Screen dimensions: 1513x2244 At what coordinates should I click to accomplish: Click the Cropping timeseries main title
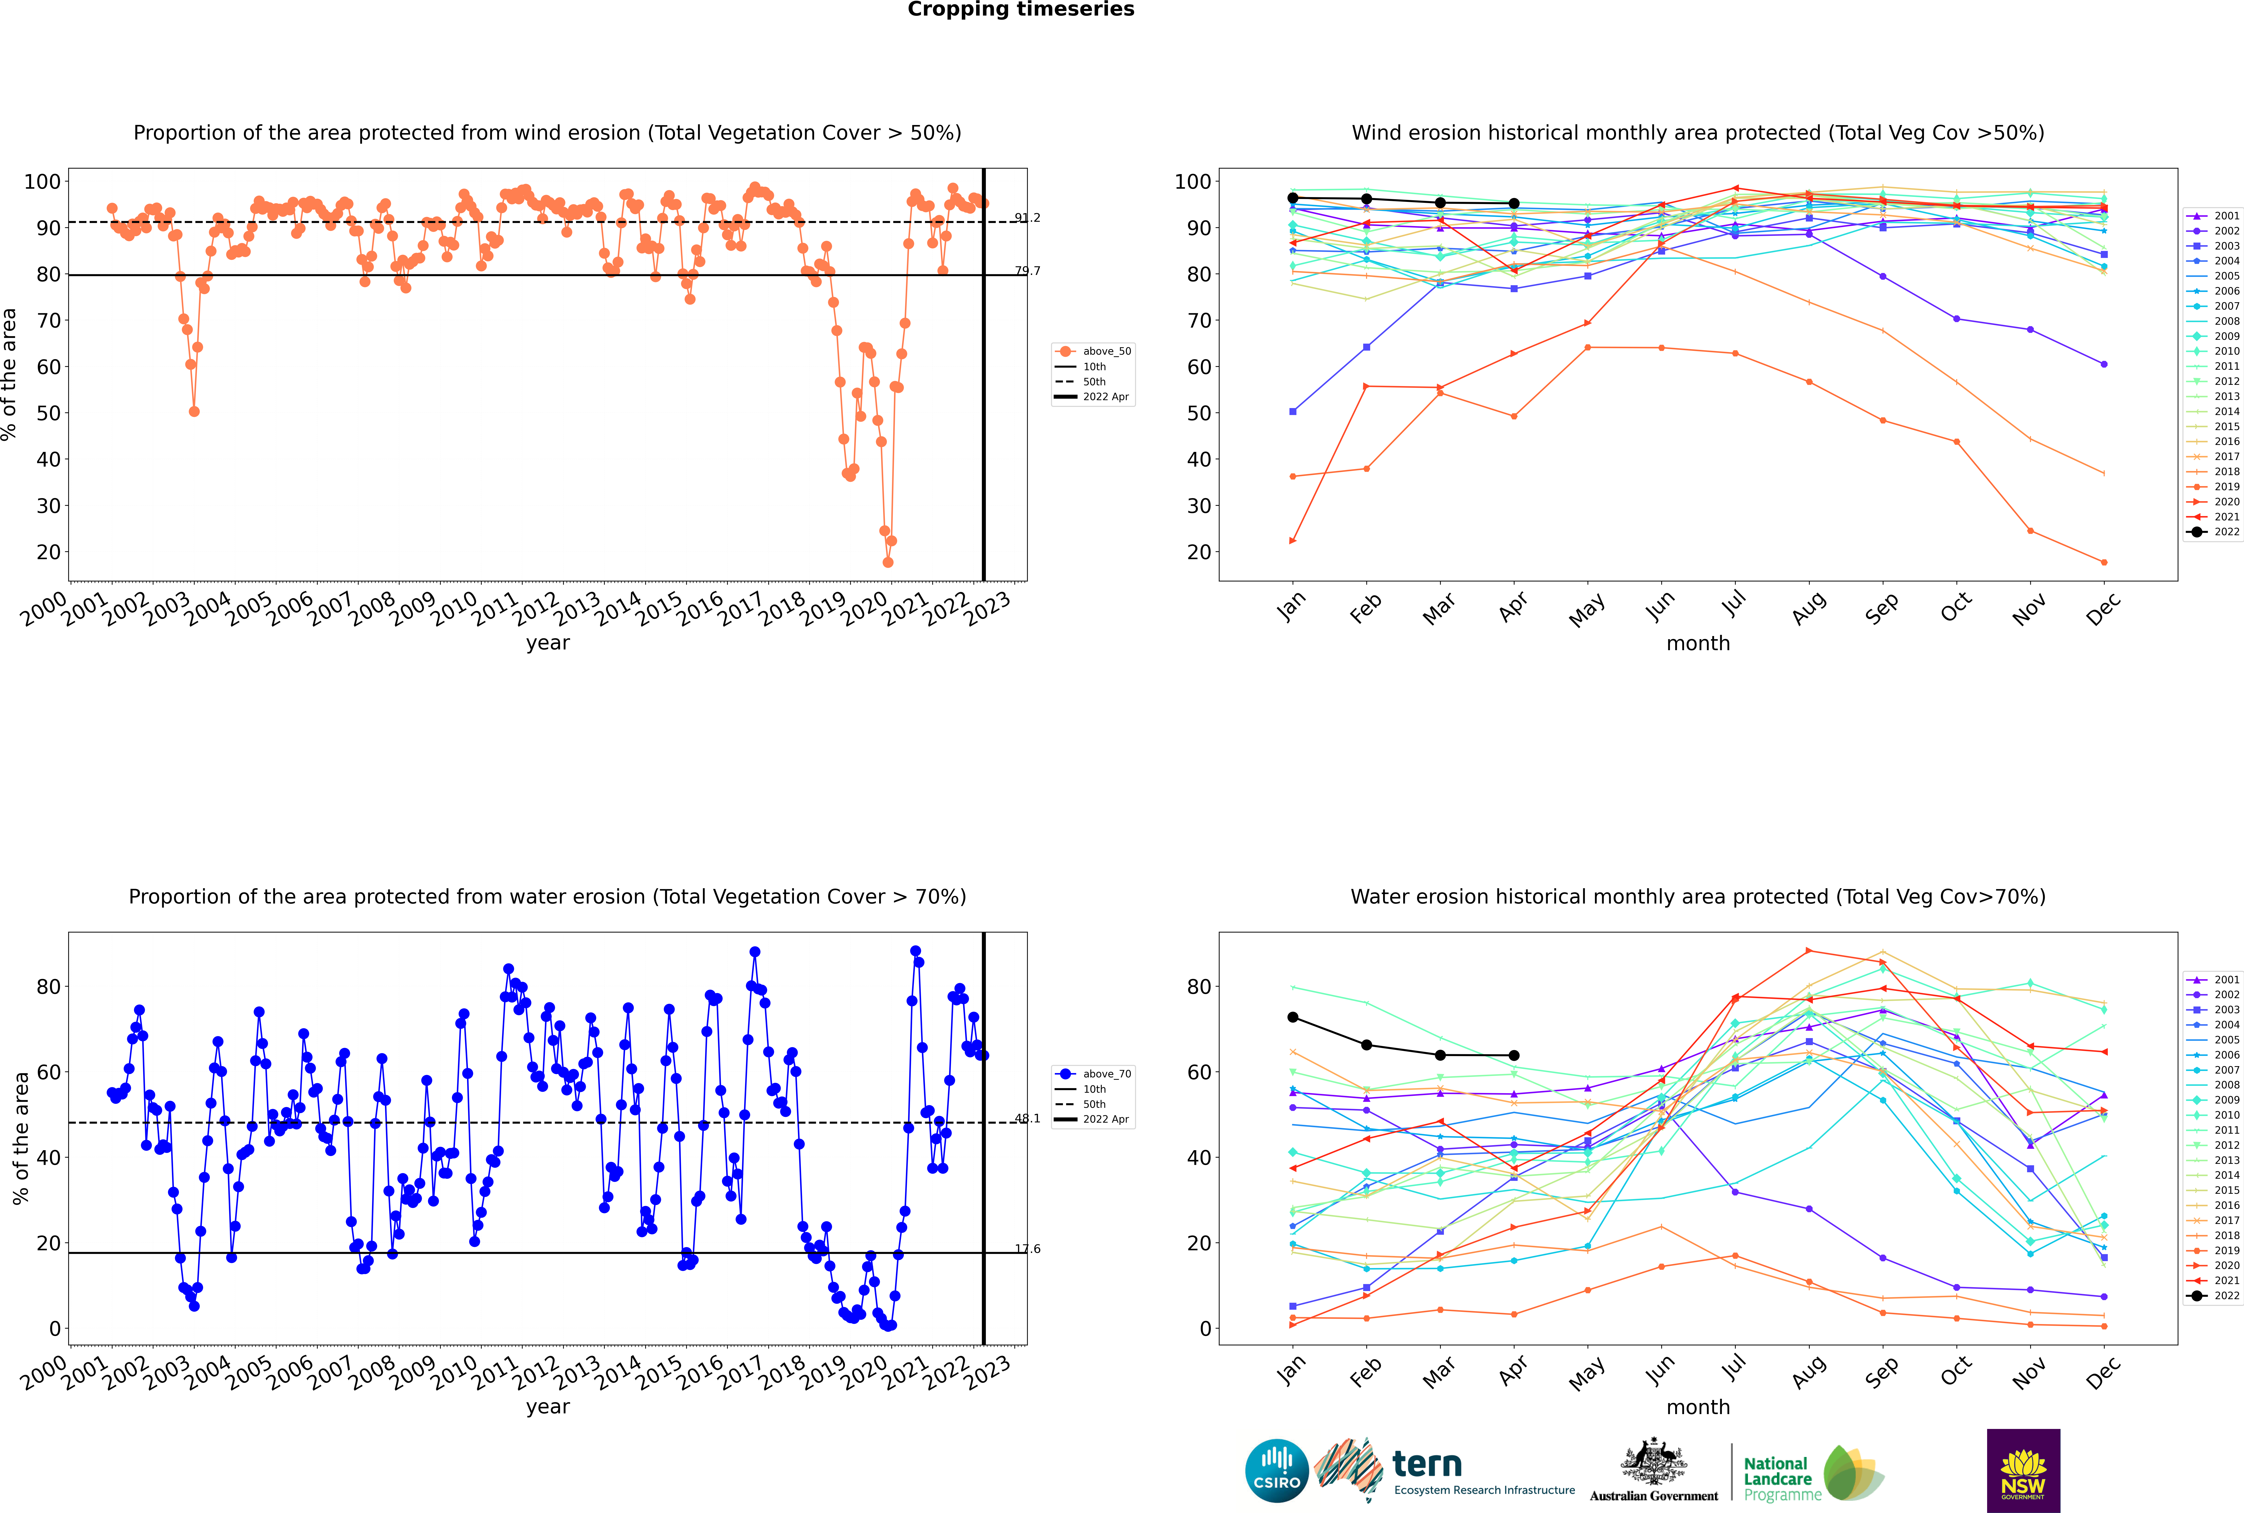click(x=1021, y=10)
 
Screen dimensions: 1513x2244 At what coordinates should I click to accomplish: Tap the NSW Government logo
click(x=2023, y=1470)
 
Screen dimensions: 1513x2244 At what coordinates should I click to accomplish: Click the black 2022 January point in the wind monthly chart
click(x=1293, y=198)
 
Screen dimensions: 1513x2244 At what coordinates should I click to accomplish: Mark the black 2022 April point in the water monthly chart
click(x=1514, y=1056)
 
